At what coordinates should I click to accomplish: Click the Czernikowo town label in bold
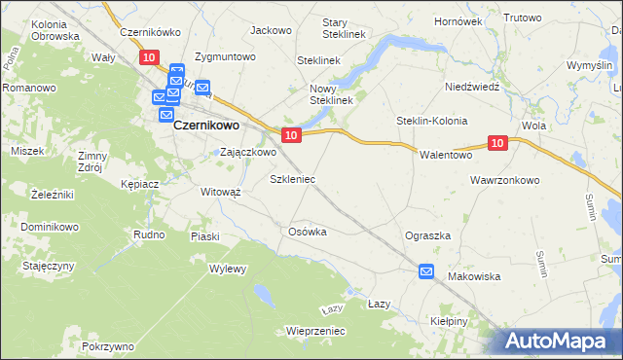[x=207, y=125]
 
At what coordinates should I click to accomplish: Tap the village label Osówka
[x=307, y=232]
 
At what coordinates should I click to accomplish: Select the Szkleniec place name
[x=292, y=180]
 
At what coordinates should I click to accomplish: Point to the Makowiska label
[x=474, y=276]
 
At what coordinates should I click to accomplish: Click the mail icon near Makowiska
[x=426, y=272]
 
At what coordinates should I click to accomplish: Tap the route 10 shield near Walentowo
[x=497, y=143]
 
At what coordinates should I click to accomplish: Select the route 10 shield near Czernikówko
[x=148, y=58]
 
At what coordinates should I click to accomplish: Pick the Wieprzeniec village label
[x=316, y=331]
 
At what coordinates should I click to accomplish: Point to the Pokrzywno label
[x=108, y=346]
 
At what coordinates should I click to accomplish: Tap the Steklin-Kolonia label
[x=431, y=121]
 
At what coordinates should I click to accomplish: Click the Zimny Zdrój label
[x=94, y=161]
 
